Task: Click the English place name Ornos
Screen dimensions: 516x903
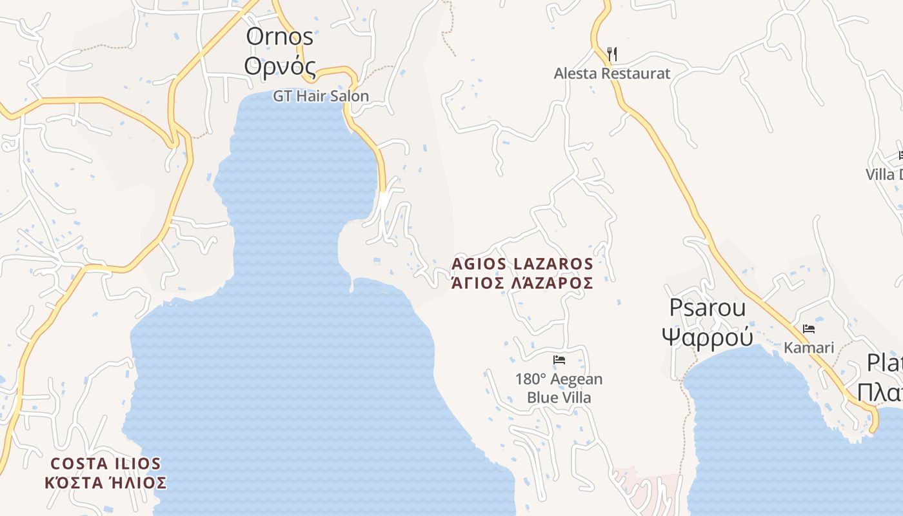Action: [279, 37]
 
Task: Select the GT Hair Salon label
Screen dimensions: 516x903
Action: [321, 96]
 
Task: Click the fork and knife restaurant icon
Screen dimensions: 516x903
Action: [612, 54]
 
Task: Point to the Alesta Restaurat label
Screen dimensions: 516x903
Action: [612, 74]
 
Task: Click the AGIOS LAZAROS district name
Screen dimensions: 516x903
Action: [522, 264]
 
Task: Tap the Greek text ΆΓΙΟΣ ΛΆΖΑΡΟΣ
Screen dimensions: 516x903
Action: [522, 283]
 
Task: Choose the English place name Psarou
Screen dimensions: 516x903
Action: [707, 308]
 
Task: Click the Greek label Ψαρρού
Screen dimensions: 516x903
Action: [708, 336]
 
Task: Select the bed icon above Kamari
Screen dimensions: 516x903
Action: [808, 329]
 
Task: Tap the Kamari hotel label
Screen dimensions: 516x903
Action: [809, 348]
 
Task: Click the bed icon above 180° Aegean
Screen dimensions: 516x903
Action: [559, 360]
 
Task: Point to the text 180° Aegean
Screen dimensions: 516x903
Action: [559, 379]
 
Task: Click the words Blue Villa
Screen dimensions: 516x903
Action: [559, 397]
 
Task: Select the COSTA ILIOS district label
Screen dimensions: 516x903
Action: [106, 464]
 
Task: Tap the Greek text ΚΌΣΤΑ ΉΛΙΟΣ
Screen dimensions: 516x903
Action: [106, 482]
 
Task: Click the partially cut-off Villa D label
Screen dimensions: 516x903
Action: [884, 174]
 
